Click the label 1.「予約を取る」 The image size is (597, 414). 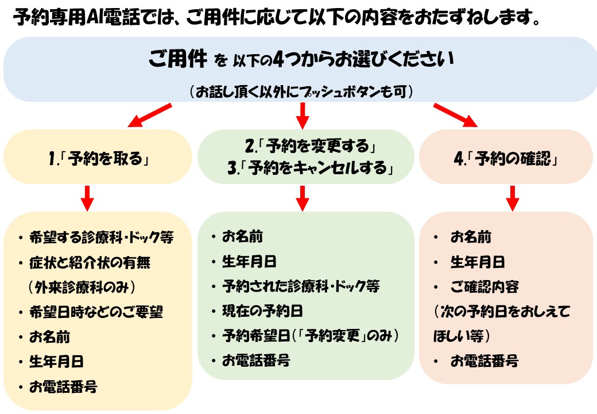99,158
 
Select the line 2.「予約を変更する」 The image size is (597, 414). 311,145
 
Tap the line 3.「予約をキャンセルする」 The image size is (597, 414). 311,167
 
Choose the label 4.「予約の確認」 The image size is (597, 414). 506,158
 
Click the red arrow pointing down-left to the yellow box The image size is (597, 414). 150,115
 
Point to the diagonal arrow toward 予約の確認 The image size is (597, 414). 455,115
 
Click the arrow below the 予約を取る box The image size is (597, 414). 87,198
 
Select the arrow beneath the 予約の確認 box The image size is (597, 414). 513,198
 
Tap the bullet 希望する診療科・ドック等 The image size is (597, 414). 101,237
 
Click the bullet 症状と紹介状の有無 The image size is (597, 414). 90,262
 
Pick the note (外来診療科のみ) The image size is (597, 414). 82,287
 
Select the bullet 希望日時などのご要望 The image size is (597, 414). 96,312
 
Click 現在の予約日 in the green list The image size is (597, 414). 262,311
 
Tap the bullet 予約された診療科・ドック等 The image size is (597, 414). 301,286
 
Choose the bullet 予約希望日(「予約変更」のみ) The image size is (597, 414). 311,336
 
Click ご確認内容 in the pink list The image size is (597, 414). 484,287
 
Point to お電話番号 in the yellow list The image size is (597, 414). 63,386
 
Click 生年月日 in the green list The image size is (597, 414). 249,262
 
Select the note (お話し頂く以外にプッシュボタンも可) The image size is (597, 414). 301,92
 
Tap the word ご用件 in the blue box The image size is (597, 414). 178,59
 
